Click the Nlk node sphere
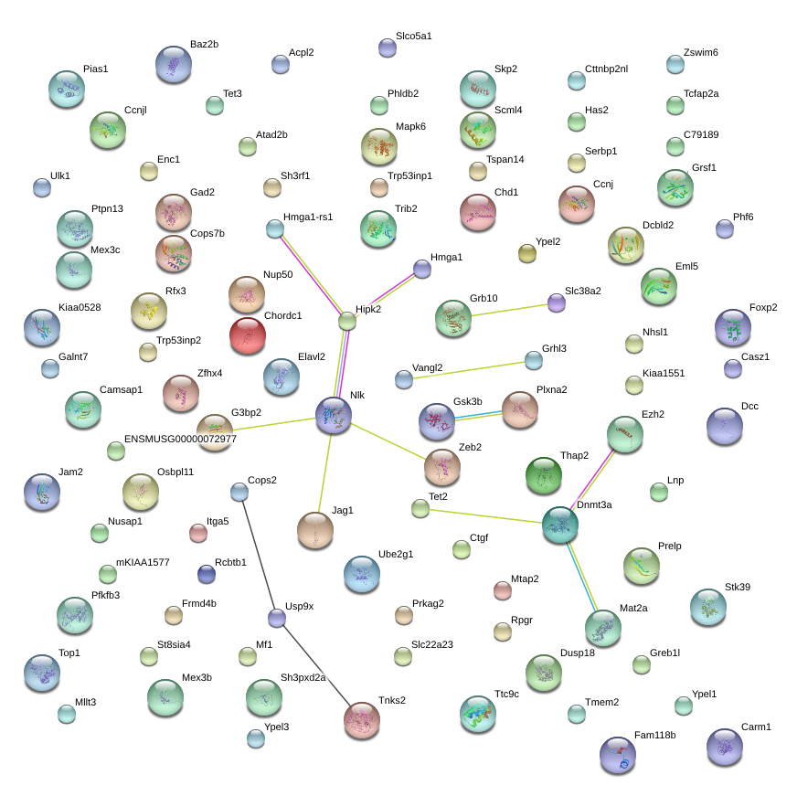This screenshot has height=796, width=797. (x=334, y=415)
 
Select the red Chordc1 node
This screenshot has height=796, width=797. (x=248, y=335)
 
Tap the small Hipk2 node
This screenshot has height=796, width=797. (x=347, y=322)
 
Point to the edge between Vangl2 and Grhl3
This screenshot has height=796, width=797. (x=469, y=369)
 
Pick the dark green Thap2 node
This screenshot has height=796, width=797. (x=544, y=475)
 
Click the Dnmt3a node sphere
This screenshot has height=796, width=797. (x=560, y=525)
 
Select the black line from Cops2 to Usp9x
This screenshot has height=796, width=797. (x=259, y=555)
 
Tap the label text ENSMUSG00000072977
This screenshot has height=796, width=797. (x=180, y=439)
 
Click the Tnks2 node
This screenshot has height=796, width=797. (x=362, y=720)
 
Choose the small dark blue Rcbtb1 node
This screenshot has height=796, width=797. (x=207, y=574)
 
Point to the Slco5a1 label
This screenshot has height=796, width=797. (x=414, y=36)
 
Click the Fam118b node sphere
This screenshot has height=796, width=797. (x=618, y=755)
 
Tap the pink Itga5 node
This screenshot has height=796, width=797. (x=198, y=533)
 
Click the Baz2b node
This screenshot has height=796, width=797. (x=174, y=64)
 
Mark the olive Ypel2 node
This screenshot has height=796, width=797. (x=527, y=253)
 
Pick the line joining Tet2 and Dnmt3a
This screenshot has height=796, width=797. (x=485, y=516)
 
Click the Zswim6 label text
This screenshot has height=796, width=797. (x=700, y=52)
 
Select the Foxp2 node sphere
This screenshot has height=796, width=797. (x=733, y=327)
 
